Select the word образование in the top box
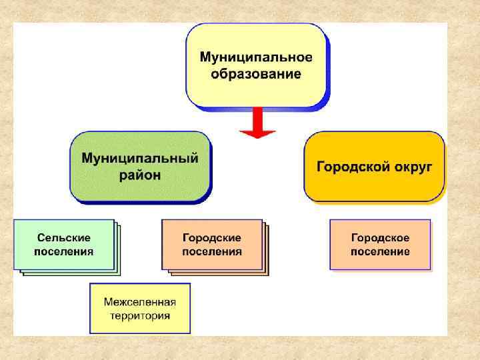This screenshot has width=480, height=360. pyautogui.click(x=256, y=73)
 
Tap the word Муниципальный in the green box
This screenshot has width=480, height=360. pyautogui.click(x=140, y=159)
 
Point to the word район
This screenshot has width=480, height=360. pyautogui.click(x=140, y=175)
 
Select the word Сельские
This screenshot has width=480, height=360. pyautogui.click(x=64, y=237)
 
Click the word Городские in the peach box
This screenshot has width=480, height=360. pyautogui.click(x=212, y=237)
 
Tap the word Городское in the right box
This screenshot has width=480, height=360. pyautogui.click(x=380, y=237)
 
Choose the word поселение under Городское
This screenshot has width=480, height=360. pyautogui.click(x=380, y=252)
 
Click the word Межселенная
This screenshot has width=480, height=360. pyautogui.click(x=140, y=302)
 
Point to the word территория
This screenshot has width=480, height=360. pyautogui.click(x=140, y=317)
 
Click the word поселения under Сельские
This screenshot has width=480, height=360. pyautogui.click(x=64, y=252)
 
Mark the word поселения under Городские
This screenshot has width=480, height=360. pyautogui.click(x=212, y=252)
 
